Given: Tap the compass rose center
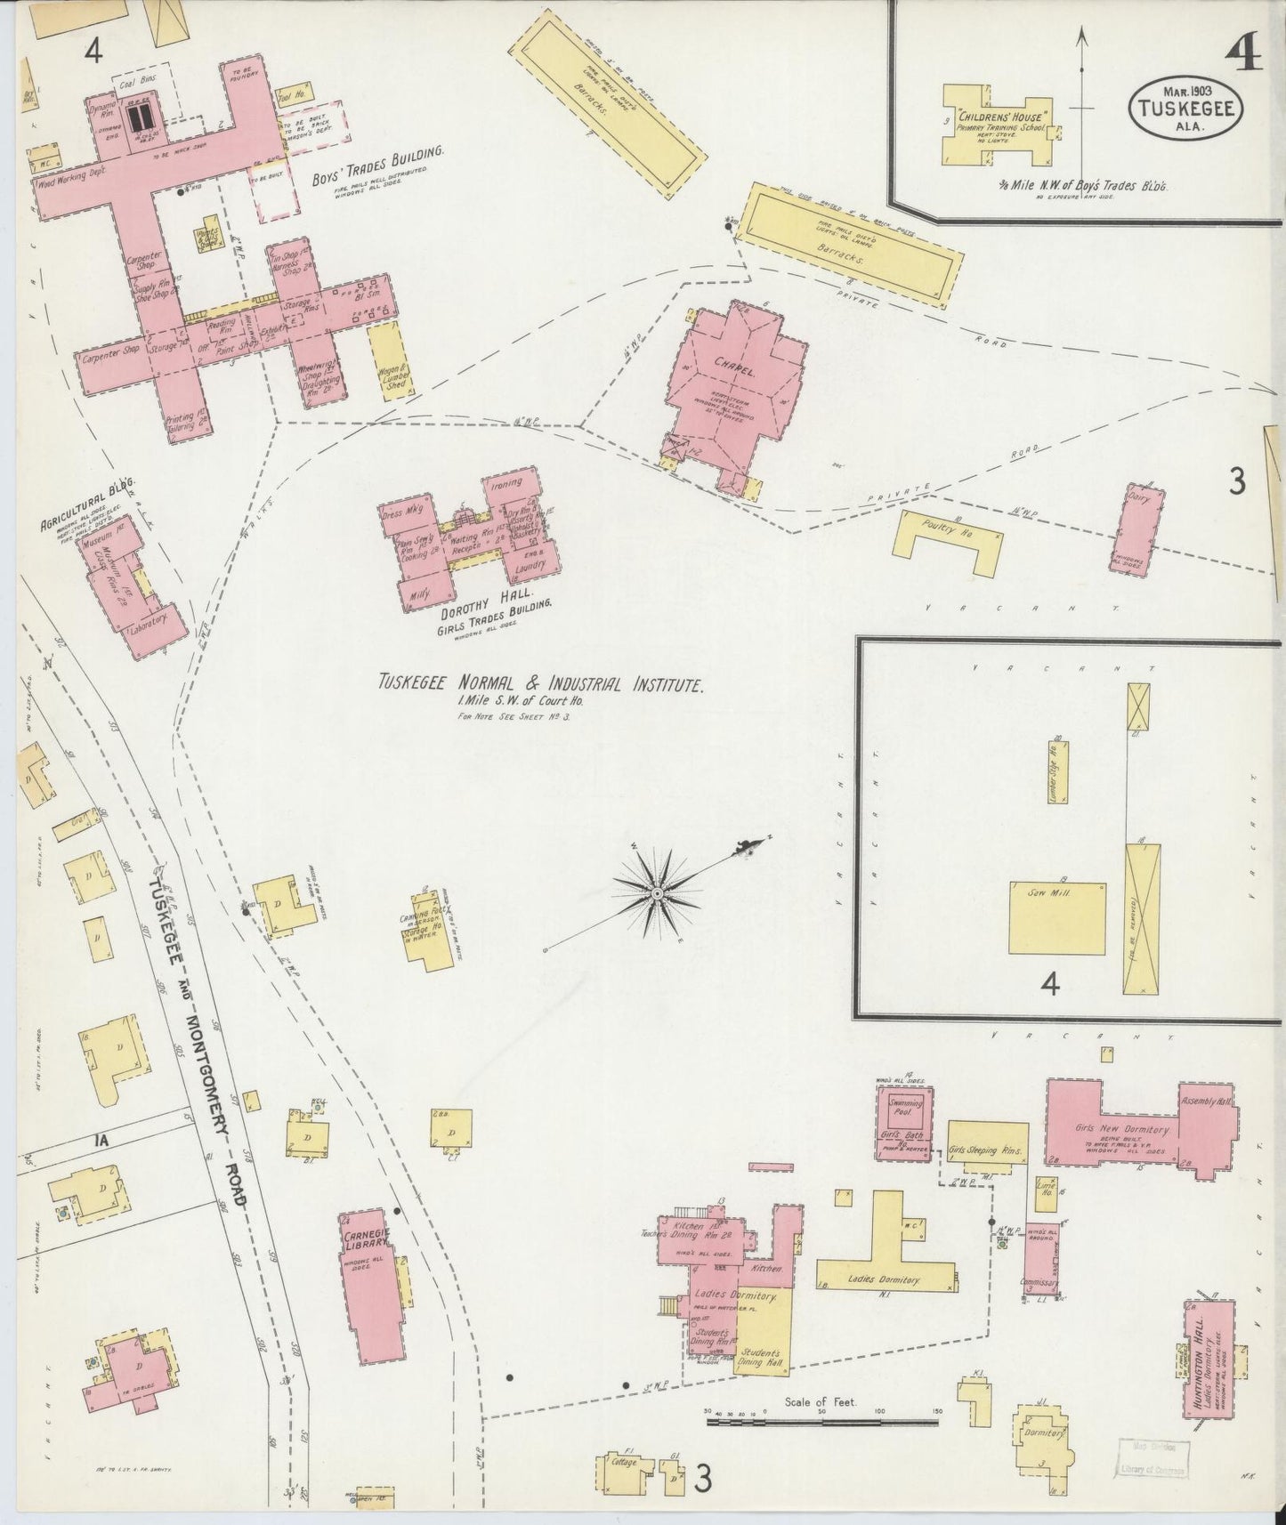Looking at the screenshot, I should [656, 892].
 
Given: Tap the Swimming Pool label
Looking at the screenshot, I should [907, 1109].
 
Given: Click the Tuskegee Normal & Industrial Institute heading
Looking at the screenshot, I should [541, 684].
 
